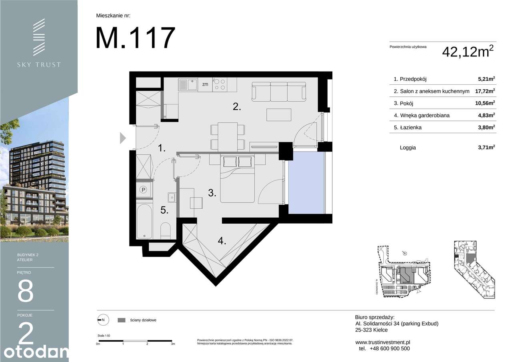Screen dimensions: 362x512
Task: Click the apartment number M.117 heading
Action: (135, 38)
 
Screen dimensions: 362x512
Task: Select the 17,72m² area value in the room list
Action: (485, 91)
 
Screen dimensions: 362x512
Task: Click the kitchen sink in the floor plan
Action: (187, 85)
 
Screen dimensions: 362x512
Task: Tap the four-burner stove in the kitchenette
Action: (219, 84)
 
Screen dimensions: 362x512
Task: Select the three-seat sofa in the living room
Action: (279, 92)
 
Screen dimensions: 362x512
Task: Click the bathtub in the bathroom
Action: (144, 222)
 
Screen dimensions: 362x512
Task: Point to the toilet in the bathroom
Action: (165, 231)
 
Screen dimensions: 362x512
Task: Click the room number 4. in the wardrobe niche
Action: (222, 241)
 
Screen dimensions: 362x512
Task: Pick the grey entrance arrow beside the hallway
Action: (123, 138)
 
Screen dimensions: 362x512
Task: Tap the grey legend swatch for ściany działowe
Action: (122, 320)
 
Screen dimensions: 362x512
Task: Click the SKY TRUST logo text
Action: (38, 64)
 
